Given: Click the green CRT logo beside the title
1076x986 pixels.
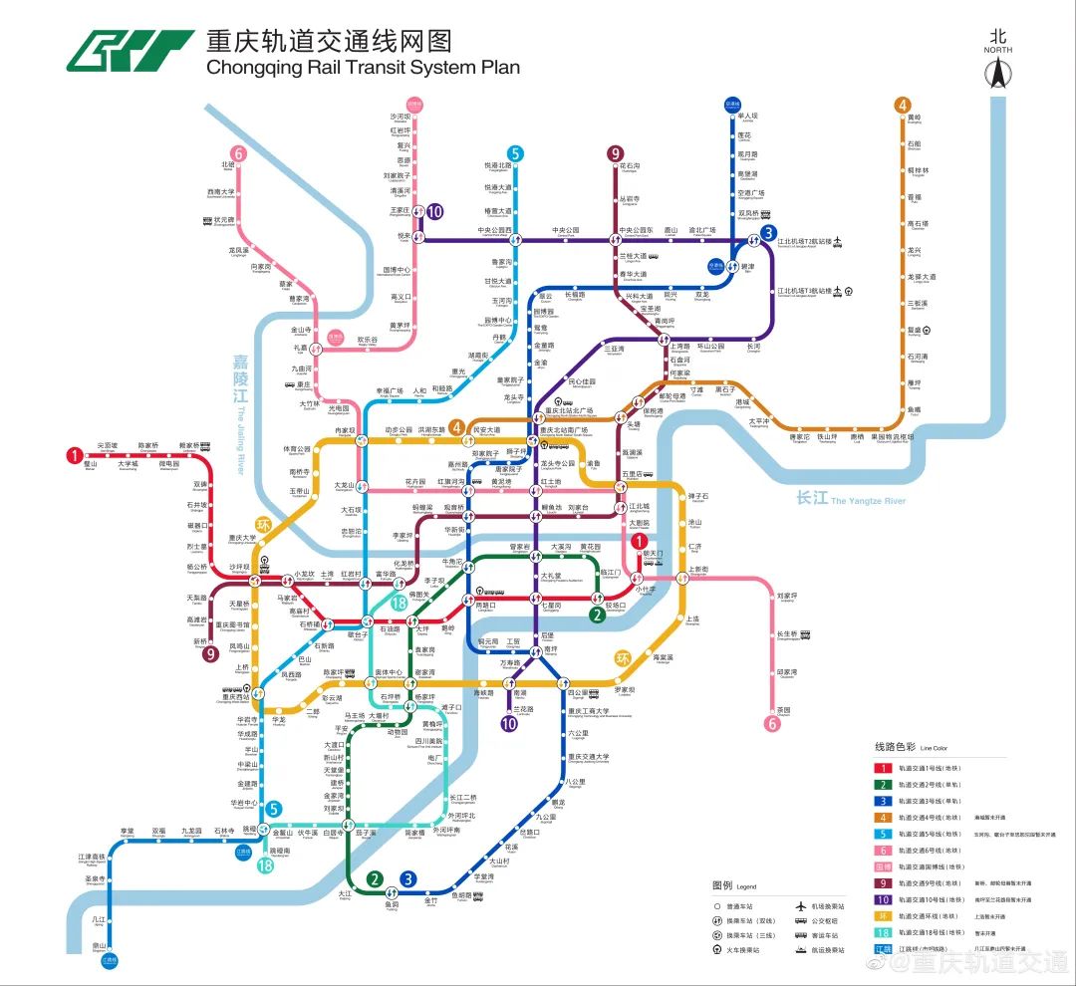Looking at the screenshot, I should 130,51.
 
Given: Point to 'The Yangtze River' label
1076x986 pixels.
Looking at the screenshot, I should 868,501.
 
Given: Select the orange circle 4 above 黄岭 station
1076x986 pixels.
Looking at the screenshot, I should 903,106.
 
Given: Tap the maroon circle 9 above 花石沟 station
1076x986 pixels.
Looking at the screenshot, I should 616,153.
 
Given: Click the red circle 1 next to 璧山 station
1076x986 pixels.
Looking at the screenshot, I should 73,456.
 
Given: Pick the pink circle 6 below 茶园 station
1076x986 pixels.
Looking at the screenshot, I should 772,724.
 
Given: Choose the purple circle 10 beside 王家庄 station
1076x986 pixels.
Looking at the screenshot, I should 434,211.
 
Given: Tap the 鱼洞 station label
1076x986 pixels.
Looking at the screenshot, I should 392,904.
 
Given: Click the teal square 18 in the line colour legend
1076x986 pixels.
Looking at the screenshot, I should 882,933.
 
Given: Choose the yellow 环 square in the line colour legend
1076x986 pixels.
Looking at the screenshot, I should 882,916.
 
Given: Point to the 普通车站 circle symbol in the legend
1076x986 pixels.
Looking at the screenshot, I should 717,906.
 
